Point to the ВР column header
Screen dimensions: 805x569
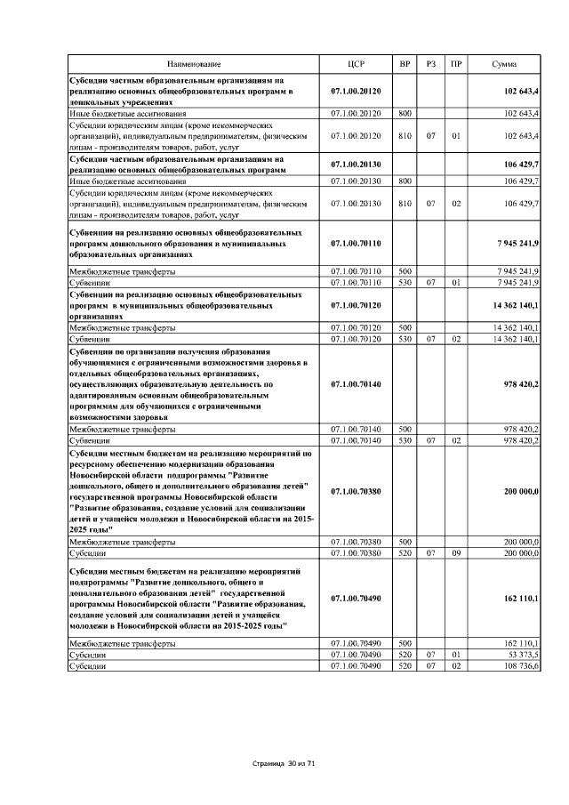pos(405,64)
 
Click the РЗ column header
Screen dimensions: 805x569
pos(430,64)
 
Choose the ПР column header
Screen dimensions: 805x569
pos(456,64)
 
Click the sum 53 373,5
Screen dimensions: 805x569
pos(521,654)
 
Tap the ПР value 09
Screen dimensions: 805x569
pos(455,552)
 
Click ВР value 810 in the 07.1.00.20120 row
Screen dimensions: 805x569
pos(405,136)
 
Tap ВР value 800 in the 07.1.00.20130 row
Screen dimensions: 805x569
pos(405,181)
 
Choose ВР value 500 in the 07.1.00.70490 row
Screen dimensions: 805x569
pos(405,642)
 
